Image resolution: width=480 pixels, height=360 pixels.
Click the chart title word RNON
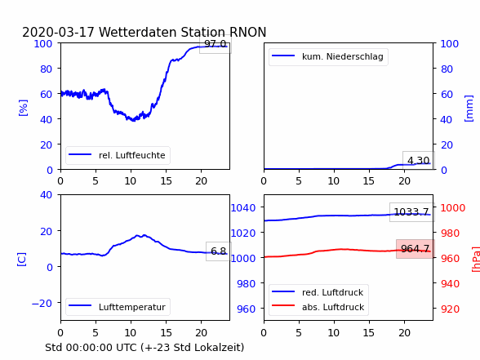[247, 32]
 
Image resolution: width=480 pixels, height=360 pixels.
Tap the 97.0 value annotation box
[216, 44]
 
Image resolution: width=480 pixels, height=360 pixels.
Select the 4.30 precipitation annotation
[418, 160]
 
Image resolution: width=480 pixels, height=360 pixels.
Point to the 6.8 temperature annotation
[218, 251]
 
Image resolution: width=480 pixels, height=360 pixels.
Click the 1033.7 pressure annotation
[411, 212]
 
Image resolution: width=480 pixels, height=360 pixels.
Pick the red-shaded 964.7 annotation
[415, 248]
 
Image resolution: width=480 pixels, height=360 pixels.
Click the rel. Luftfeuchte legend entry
[118, 155]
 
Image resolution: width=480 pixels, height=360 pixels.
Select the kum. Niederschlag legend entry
[328, 56]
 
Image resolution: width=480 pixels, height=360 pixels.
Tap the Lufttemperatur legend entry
[118, 307]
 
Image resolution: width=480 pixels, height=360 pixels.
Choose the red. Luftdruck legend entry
[318, 292]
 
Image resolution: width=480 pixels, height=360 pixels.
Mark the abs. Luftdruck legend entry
[318, 307]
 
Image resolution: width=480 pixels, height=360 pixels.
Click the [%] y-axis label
[23, 108]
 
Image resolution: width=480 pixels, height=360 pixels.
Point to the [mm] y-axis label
[469, 109]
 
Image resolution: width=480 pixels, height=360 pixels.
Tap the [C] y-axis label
[21, 259]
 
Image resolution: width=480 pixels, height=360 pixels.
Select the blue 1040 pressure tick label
[243, 208]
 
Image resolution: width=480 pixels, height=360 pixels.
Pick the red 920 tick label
[450, 309]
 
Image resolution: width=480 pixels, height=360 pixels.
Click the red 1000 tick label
[453, 208]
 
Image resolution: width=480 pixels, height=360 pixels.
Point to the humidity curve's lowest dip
[134, 121]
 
